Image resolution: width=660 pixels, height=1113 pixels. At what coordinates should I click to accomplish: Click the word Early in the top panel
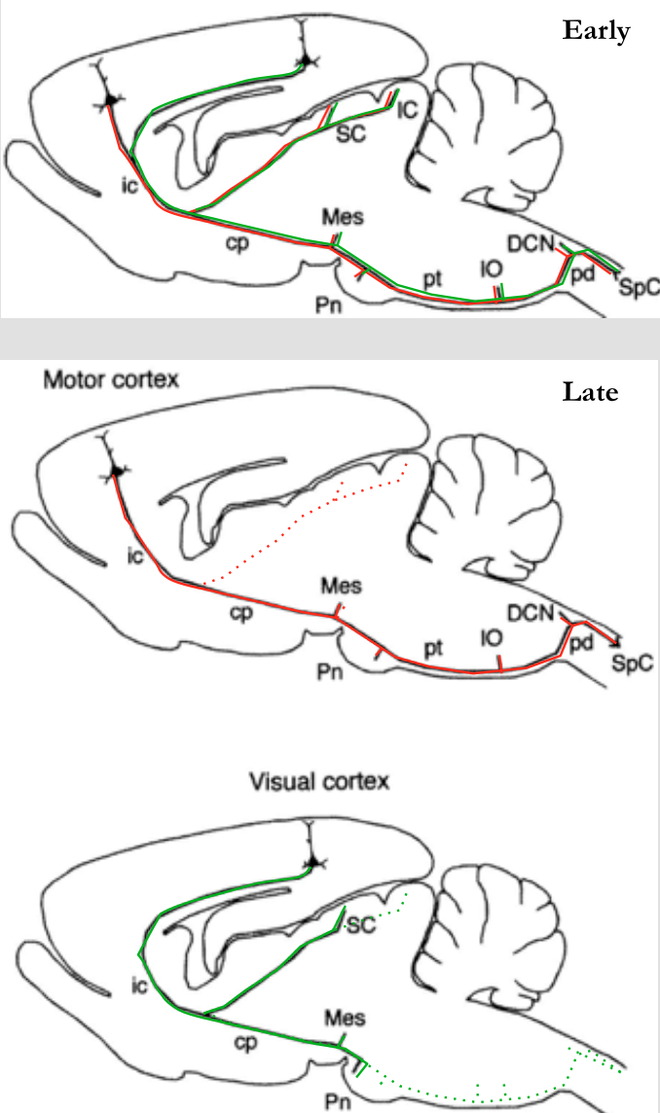coord(596,30)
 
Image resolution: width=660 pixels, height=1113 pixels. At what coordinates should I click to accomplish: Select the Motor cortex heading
coord(110,378)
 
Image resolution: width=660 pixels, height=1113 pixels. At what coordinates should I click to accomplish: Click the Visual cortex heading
coord(318,780)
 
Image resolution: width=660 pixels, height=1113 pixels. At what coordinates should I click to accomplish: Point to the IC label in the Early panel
coord(408,110)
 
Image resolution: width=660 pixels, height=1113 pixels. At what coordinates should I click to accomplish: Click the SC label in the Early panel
coord(350,134)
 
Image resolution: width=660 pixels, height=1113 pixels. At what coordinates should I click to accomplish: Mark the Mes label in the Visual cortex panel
coord(347,1019)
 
